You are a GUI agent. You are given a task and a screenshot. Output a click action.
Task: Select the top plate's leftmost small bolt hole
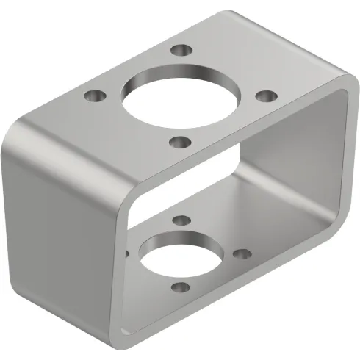click(x=93, y=96)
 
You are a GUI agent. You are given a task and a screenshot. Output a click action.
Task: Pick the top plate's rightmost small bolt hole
click(x=267, y=96)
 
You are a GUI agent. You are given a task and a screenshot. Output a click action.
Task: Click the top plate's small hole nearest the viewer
click(x=180, y=142)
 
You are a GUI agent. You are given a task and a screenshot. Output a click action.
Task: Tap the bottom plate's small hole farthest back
click(x=179, y=218)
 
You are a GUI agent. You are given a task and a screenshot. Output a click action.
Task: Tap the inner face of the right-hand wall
click(x=294, y=162)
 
